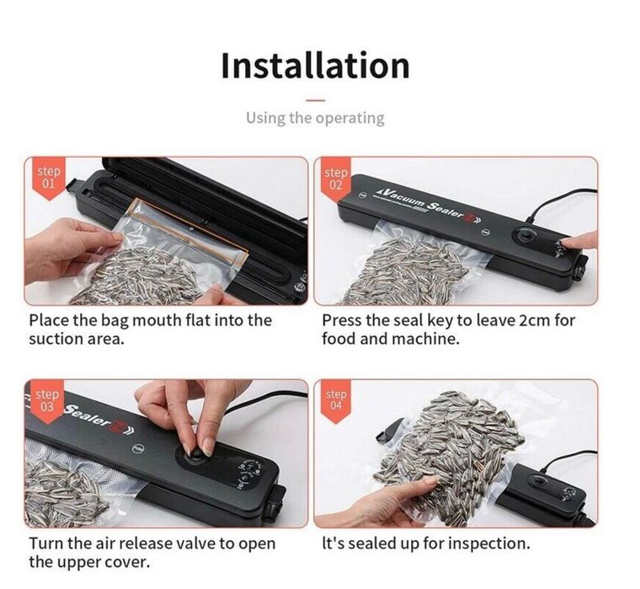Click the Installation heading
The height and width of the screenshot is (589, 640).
(x=315, y=66)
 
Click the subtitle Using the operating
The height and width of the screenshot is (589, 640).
(x=315, y=118)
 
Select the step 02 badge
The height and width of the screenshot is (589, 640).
(x=335, y=179)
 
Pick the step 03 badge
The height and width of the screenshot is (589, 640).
(x=47, y=401)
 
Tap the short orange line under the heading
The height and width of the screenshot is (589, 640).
(x=315, y=99)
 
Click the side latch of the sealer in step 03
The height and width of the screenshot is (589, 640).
(x=274, y=505)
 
